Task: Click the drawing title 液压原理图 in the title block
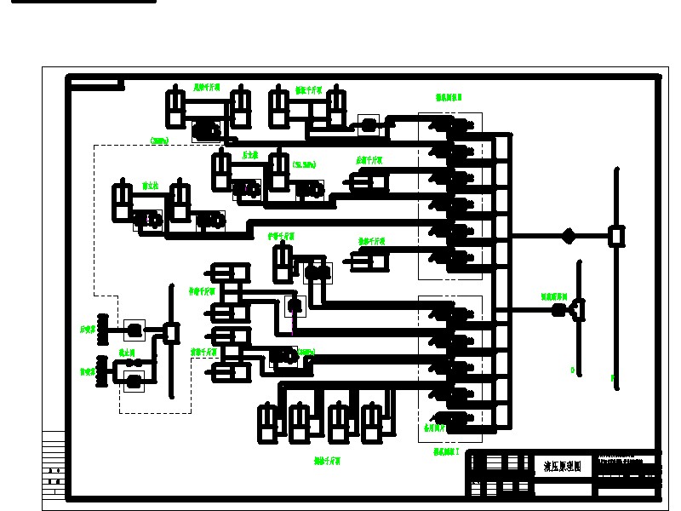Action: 563,467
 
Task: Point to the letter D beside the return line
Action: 573,370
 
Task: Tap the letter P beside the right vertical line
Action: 612,376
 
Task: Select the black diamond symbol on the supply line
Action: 568,236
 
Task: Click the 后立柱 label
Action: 250,156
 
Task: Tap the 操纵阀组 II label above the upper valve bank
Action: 449,98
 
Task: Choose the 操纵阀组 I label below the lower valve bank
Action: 446,451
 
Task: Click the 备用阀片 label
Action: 435,428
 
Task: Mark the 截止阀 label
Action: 128,351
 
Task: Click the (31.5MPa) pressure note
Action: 304,164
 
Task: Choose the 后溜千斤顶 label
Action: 369,160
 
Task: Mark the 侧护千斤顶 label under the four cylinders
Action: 327,461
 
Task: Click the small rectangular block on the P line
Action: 616,236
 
